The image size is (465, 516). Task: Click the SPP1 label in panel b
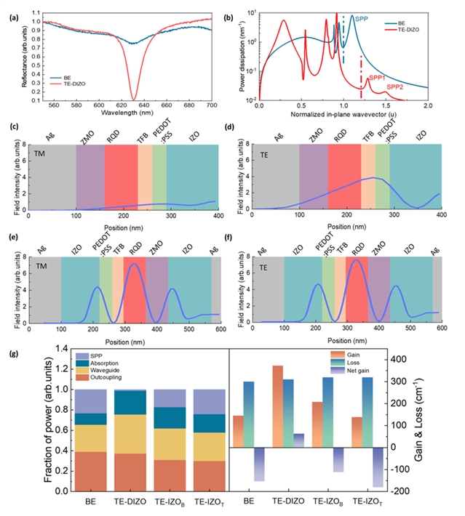coord(378,77)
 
